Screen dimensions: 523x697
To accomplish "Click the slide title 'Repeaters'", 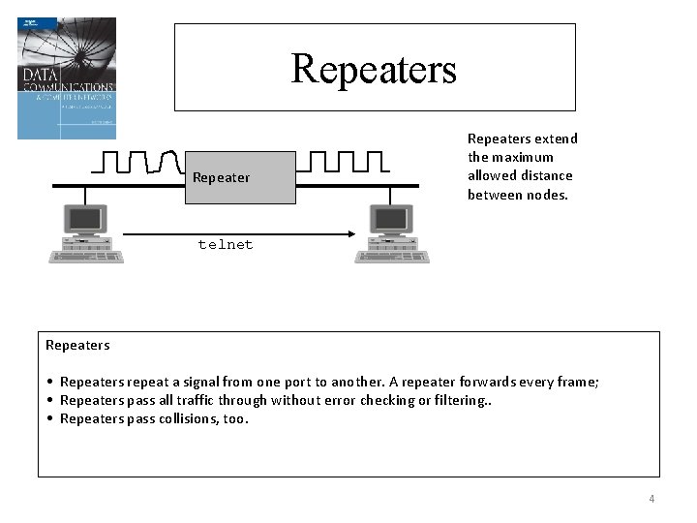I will [374, 69].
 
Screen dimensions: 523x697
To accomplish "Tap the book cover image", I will [67, 78].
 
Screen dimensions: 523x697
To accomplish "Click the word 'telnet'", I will [226, 245].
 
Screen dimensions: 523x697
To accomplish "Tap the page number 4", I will [652, 499].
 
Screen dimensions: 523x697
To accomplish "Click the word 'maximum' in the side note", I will [524, 157].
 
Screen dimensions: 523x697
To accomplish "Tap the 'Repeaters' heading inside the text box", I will [77, 345].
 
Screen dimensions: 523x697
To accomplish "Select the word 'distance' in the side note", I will [545, 175].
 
